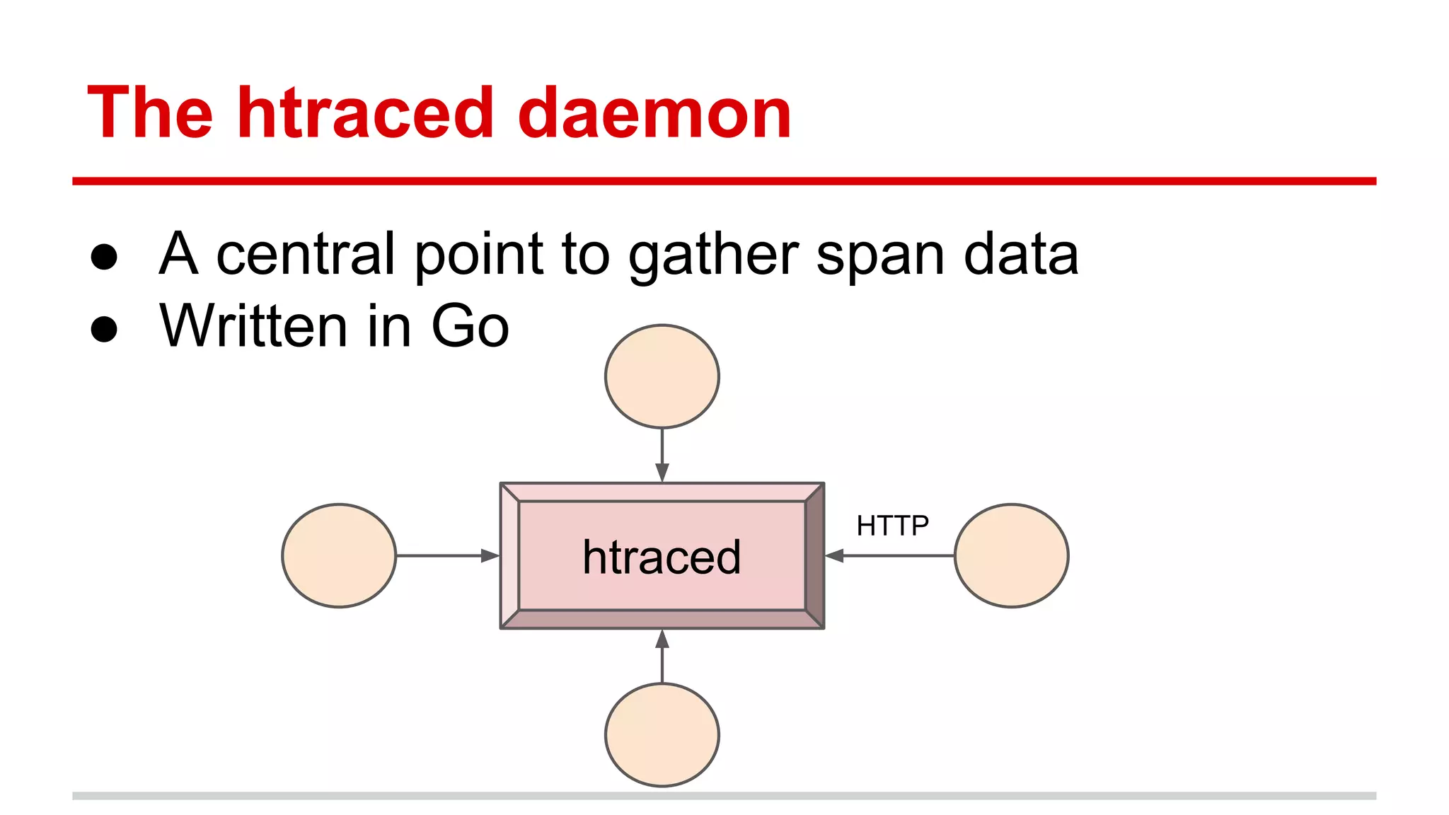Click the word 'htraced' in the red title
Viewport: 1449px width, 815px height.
tap(365, 113)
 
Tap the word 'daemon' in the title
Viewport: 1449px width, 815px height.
tap(654, 113)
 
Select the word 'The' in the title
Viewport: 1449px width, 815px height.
tap(150, 113)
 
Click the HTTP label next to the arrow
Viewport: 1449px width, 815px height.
tap(892, 526)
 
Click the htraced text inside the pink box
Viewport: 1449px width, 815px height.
tap(662, 557)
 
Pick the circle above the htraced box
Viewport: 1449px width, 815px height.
tap(662, 376)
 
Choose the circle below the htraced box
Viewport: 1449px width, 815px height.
tap(662, 734)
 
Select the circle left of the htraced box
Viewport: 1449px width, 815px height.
tap(339, 555)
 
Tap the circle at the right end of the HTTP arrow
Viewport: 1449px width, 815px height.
tap(1011, 555)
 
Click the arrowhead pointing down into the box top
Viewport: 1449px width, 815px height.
tap(662, 473)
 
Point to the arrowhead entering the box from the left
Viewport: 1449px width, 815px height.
tap(490, 555)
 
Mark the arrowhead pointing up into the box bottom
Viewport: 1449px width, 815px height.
tap(662, 639)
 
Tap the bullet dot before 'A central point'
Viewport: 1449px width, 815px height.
tap(104, 257)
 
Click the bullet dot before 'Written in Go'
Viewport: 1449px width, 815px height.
tap(104, 329)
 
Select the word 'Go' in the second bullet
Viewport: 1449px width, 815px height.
tap(470, 326)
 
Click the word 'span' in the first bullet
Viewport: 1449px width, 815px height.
tap(880, 256)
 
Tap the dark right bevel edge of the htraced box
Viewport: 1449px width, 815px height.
tap(815, 555)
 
